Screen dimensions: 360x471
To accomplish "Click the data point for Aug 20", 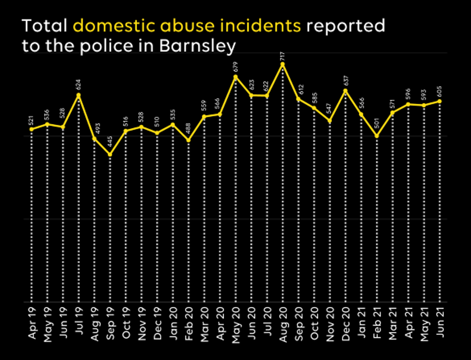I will click(283, 64).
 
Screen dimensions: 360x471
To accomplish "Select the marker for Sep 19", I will click(110, 154).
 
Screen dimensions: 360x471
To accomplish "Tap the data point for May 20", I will click(235, 76).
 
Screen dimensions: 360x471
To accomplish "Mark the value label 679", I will click(235, 66).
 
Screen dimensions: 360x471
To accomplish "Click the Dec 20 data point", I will click(345, 90).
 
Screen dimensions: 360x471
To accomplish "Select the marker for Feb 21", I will click(377, 136).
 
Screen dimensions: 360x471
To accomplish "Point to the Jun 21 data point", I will click(439, 101).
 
